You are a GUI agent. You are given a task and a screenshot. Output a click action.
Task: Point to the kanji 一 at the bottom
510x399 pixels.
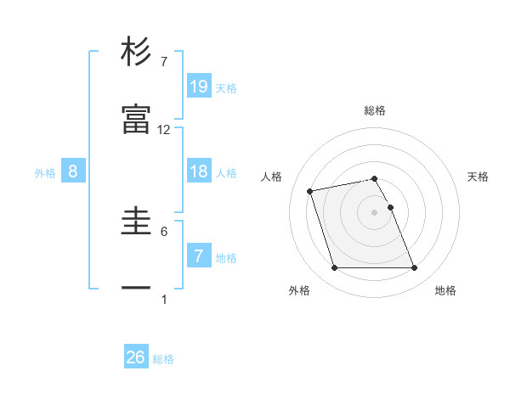point(136,289)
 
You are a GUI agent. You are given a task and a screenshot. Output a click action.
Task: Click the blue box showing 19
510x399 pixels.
point(199,86)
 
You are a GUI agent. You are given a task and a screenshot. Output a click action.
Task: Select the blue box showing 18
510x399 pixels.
point(199,171)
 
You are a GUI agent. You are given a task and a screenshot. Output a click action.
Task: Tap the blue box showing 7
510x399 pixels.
point(199,256)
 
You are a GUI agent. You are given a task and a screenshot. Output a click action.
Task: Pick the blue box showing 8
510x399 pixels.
point(73,171)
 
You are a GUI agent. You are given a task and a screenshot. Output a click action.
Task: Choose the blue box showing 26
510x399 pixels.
point(136,357)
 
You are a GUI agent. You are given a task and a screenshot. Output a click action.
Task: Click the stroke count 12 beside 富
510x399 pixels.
point(164,130)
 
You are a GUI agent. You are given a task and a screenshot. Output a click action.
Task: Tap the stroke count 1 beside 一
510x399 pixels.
point(164,299)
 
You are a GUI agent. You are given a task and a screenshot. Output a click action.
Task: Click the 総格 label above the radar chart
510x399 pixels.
point(375,110)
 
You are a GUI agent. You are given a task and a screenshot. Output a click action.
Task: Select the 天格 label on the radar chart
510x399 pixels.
point(478,177)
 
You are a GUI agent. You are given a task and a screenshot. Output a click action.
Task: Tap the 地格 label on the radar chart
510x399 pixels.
point(445,290)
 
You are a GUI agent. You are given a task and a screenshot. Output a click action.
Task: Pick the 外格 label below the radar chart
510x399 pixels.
point(299,290)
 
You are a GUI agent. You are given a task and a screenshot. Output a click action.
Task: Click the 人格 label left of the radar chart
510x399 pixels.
point(272,177)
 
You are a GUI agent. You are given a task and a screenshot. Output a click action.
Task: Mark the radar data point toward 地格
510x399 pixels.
point(414,268)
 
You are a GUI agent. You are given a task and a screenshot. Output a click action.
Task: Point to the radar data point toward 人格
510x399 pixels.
point(310,190)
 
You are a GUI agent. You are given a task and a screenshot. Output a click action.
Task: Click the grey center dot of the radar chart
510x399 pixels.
point(375,212)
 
